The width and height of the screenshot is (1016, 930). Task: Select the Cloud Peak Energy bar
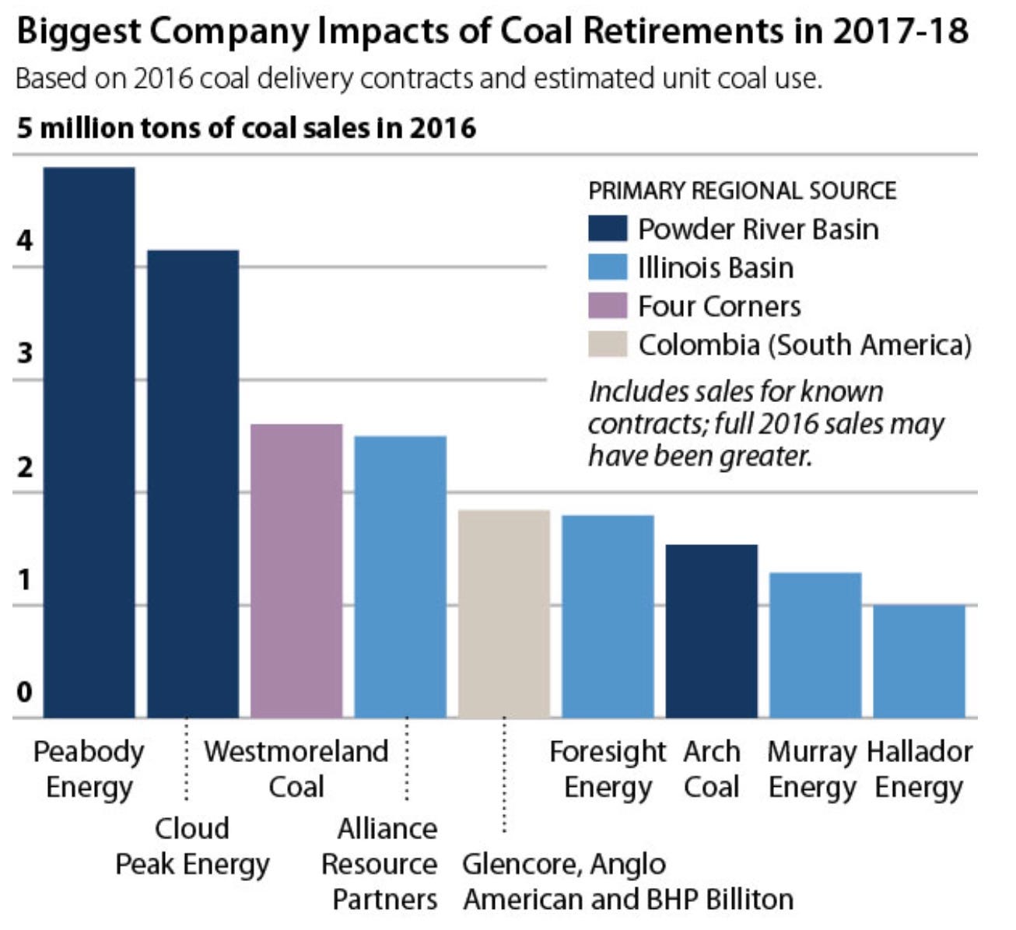pyautogui.click(x=193, y=483)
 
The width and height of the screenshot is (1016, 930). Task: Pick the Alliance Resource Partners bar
pyautogui.click(x=400, y=576)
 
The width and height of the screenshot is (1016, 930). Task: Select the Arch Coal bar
pyautogui.click(x=711, y=631)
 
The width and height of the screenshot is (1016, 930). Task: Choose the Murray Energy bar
pyautogui.click(x=815, y=645)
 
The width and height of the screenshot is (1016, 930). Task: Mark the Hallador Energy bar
pyautogui.click(x=919, y=661)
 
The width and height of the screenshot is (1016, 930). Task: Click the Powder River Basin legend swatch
pyautogui.click(x=608, y=229)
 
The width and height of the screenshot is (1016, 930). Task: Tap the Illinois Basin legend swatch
pyautogui.click(x=608, y=267)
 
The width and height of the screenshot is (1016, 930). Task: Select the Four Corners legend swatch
pyautogui.click(x=608, y=306)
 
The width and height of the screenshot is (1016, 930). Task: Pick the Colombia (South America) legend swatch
pyautogui.click(x=608, y=344)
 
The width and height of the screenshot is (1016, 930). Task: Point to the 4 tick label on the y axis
pyautogui.click(x=25, y=241)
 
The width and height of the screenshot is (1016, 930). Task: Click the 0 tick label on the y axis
pyautogui.click(x=25, y=691)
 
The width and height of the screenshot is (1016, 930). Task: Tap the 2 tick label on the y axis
pyautogui.click(x=25, y=467)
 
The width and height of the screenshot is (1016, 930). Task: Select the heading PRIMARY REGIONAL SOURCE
pyautogui.click(x=742, y=191)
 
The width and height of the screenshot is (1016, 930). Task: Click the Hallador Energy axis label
pyautogui.click(x=919, y=769)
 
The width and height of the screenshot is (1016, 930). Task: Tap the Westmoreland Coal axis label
pyautogui.click(x=296, y=769)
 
